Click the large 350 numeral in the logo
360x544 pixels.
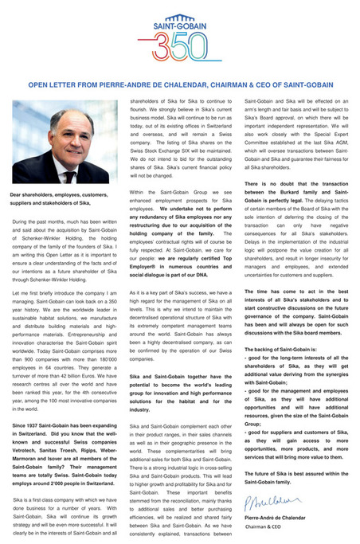(x=181, y=53)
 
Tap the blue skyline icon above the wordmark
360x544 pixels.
(x=180, y=19)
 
